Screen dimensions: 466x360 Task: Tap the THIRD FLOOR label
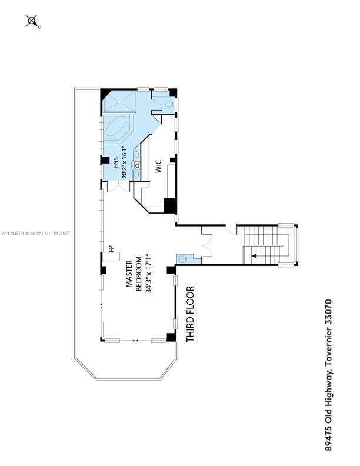[190, 314]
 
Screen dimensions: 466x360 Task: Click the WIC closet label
[158, 167]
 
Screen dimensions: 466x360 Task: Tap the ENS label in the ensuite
[116, 163]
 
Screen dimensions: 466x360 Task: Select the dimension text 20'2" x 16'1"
[125, 162]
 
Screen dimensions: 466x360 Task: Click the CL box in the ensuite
[136, 165]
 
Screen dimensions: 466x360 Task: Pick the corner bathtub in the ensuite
[118, 128]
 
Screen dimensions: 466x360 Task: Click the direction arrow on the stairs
[255, 255]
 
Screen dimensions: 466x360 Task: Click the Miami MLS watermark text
[36, 234]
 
